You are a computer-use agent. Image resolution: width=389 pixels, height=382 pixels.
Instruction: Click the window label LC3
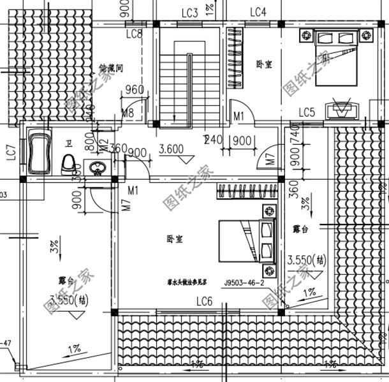point(189,12)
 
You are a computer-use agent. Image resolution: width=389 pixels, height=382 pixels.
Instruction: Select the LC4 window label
point(258,12)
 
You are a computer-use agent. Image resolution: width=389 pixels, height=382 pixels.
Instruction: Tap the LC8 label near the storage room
point(135,34)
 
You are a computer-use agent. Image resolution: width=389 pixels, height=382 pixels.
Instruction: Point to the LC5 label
point(307,113)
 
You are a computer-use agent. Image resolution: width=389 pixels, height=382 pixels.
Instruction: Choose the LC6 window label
point(204,301)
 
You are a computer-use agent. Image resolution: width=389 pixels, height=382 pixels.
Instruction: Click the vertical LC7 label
point(11,152)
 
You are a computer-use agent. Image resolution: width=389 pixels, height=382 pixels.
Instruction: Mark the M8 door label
point(128,114)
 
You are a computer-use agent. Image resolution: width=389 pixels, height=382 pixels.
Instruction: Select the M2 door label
point(104,146)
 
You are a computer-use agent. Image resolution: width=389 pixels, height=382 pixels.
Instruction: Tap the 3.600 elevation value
point(171,150)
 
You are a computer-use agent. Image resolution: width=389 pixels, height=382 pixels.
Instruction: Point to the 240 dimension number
point(212,140)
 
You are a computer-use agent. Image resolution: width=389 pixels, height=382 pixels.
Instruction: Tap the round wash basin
point(97,168)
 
